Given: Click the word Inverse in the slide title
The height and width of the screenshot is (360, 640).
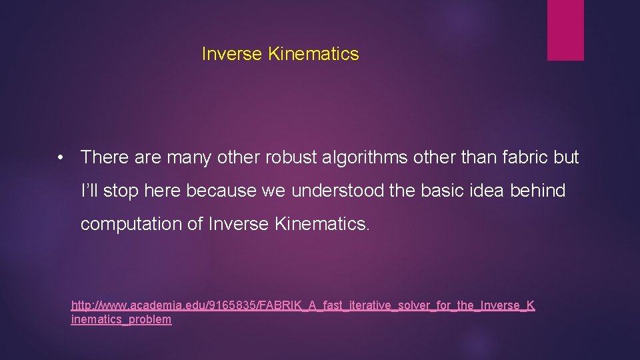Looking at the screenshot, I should click(232, 54).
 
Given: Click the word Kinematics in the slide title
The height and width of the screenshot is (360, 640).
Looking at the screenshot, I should click(313, 54).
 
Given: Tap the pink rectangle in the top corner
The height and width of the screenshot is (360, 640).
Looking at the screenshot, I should click(565, 30).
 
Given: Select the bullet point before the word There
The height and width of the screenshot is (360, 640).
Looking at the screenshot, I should click(61, 158).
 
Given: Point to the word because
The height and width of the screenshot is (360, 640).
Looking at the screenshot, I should click(221, 191).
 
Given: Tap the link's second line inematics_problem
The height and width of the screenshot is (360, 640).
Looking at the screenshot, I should click(121, 319).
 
